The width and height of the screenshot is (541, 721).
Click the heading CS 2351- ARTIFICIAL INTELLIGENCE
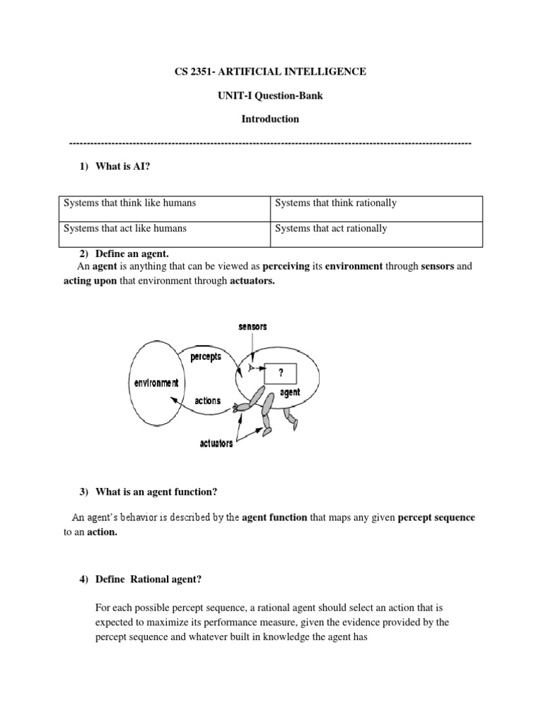(270, 72)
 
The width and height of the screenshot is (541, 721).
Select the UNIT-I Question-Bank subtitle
(270, 96)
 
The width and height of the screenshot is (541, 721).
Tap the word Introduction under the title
(270, 119)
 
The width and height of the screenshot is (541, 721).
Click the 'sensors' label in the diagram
(252, 327)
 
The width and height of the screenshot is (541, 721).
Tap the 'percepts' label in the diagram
(206, 356)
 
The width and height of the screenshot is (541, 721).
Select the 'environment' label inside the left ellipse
(156, 383)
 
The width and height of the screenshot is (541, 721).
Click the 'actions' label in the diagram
(207, 401)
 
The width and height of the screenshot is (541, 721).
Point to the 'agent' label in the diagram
(290, 393)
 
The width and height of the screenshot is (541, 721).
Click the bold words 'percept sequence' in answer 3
(437, 518)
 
